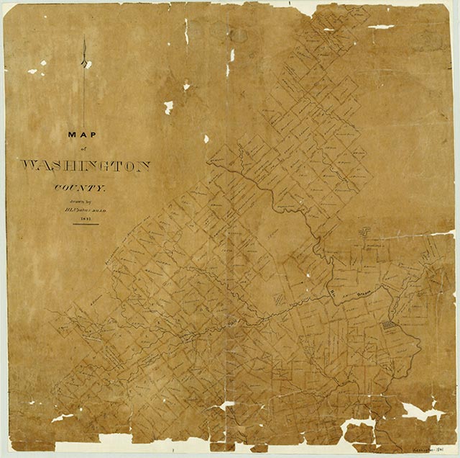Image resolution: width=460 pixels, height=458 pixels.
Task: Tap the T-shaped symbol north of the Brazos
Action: tap(363, 232)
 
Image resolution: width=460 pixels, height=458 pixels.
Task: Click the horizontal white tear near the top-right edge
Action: tap(381, 27)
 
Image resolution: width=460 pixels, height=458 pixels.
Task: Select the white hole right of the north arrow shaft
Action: tap(168, 107)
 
